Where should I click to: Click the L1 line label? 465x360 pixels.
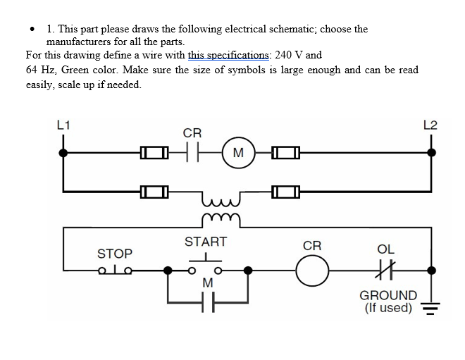pos(63,125)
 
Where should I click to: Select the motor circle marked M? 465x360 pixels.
pos(237,152)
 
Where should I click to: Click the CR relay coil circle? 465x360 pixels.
pos(312,270)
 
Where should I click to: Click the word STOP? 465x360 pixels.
pos(114,253)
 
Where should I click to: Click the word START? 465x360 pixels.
pos(205,242)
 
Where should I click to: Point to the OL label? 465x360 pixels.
pos(386,249)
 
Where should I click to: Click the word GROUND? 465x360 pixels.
pos(388,295)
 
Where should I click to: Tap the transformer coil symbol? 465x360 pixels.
pos(221,209)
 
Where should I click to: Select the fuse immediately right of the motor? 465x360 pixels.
pos(285,152)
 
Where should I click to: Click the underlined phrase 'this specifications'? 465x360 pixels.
pos(228,54)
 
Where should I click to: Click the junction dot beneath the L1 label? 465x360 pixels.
pos(64,152)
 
